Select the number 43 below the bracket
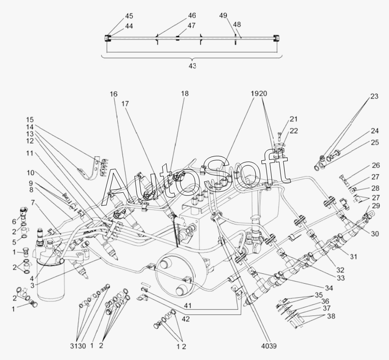[x=192, y=65]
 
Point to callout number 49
[x=223, y=16]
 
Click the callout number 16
[x=113, y=94]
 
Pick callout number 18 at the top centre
[x=185, y=94]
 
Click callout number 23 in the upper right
[x=374, y=97]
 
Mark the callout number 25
[x=374, y=142]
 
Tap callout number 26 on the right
[x=375, y=165]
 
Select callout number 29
[x=376, y=206]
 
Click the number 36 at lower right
[x=325, y=302]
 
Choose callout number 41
[x=187, y=305]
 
